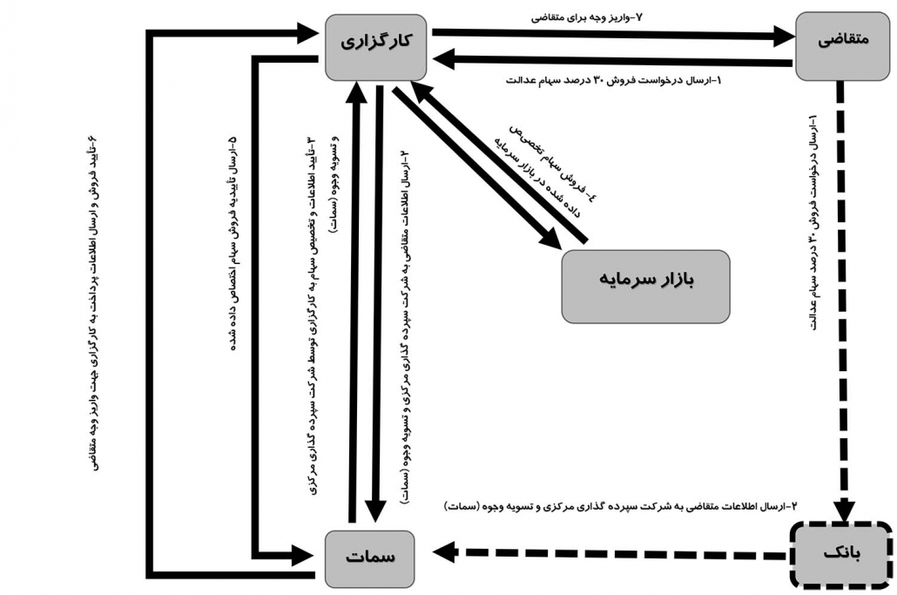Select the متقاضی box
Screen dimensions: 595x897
tap(842, 44)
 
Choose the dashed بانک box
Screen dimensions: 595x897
tap(840, 554)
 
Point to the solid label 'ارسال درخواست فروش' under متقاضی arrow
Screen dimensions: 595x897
tap(613, 81)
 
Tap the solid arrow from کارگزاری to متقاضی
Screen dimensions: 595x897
tap(610, 35)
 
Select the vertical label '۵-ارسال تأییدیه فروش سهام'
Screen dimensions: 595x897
tap(232, 244)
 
